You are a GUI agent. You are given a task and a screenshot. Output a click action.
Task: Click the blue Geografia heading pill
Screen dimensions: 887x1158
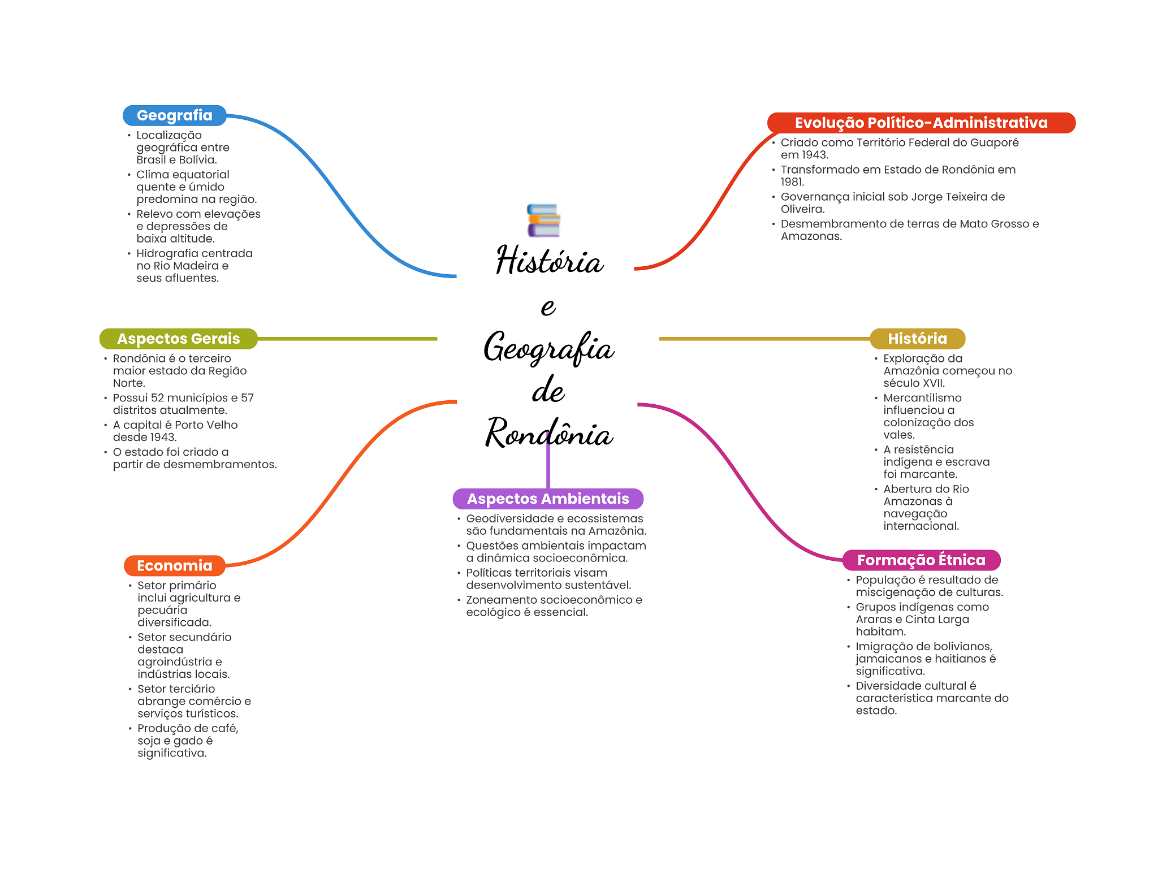[x=175, y=115]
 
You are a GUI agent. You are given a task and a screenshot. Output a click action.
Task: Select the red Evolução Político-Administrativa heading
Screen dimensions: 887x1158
[x=921, y=123]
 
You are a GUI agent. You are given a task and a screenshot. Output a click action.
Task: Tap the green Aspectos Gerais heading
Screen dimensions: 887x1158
[x=178, y=339]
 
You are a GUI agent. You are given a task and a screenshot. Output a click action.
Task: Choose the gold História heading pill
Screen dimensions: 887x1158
[x=917, y=339]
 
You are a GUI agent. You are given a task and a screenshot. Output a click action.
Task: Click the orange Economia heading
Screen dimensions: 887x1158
[x=174, y=565]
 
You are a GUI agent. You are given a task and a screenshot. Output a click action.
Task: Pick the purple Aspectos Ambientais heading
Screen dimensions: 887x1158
[x=547, y=499]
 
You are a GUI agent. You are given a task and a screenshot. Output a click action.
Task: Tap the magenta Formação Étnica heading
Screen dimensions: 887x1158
[x=921, y=560]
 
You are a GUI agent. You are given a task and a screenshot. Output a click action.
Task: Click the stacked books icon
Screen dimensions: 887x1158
[x=543, y=220]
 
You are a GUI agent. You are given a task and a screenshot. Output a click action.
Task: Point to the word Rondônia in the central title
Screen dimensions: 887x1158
[x=548, y=434]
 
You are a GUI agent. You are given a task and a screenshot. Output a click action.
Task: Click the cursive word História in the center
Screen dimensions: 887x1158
[x=550, y=261]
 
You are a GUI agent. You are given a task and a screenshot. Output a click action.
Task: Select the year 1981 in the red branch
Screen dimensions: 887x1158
[x=792, y=182]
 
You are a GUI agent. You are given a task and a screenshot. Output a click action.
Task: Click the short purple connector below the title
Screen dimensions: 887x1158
[x=547, y=466]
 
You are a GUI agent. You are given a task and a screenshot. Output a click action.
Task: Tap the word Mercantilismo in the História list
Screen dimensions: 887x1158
[x=922, y=398]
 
